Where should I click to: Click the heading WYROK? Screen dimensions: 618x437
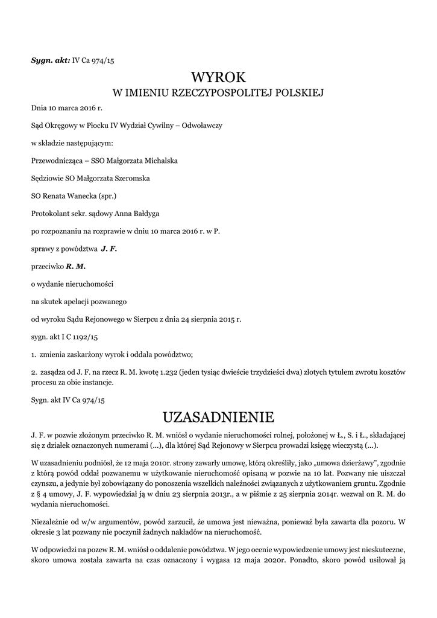pos(218,77)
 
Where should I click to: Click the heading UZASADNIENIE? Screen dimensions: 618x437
pos(218,416)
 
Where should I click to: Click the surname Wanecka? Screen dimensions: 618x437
pos(81,196)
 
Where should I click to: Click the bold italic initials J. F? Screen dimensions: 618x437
pos(109,248)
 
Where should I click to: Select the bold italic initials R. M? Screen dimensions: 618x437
pos(76,266)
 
